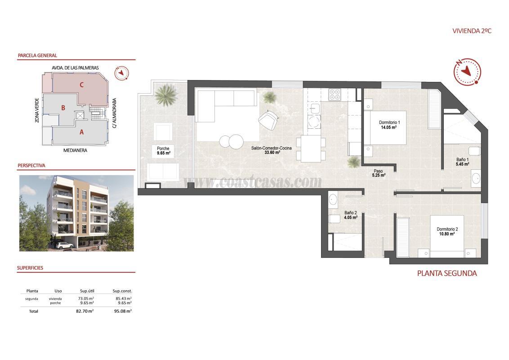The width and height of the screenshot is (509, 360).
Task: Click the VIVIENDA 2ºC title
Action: [472, 31]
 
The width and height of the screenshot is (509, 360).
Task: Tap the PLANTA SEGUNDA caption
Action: [446, 273]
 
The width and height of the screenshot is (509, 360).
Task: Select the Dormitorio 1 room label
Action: [389, 125]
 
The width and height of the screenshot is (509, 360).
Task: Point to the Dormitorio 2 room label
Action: [446, 231]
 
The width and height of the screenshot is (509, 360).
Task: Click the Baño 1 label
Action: [462, 162]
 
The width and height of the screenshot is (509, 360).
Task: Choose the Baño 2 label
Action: [351, 215]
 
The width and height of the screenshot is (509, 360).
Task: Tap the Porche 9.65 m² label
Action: [162, 151]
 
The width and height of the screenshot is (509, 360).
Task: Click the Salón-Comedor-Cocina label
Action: [272, 150]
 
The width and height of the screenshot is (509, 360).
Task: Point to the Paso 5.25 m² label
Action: [379, 173]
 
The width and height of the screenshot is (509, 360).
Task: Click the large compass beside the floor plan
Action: [467, 72]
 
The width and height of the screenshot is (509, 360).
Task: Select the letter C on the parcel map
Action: [81, 84]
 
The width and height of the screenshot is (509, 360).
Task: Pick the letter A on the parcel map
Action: [81, 132]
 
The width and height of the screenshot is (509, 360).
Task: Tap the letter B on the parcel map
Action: [63, 108]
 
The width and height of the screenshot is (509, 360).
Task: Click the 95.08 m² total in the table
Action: [122, 311]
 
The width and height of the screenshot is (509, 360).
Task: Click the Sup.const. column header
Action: [122, 291]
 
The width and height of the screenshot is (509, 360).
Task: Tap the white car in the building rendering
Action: [66, 245]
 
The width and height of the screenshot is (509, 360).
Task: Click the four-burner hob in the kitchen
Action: [335, 94]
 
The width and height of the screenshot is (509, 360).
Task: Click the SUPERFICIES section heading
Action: [30, 268]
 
